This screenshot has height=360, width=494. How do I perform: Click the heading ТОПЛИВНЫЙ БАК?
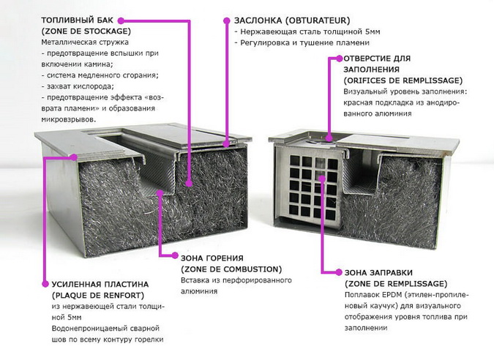point(77,20)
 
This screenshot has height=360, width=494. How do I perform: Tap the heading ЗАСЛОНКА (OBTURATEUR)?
point(292,20)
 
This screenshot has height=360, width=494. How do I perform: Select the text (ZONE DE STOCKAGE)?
point(86,31)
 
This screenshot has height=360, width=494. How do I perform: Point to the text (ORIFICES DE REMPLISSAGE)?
point(403,80)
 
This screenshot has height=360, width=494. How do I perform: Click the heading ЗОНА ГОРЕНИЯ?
point(212,258)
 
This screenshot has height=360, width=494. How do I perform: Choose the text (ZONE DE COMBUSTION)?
point(231,269)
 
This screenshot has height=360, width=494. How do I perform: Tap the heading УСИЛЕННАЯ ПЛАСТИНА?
point(100,285)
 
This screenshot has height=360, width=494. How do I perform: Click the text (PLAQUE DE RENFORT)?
point(97,296)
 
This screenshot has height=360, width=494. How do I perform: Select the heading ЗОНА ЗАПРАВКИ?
point(378,273)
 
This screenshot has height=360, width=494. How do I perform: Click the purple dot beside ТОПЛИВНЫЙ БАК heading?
point(121,20)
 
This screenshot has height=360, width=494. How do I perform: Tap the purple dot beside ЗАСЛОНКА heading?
point(227,20)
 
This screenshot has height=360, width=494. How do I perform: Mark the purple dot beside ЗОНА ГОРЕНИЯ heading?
point(174,256)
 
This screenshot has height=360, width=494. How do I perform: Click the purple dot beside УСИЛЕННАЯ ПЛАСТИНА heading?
point(45,284)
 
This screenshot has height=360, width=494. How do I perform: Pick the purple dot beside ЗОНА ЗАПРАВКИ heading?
point(339,272)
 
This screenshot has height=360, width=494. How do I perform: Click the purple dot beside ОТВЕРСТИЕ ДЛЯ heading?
point(339,59)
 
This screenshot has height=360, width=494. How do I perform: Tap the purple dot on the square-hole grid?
point(322,179)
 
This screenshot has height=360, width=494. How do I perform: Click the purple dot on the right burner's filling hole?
point(329,138)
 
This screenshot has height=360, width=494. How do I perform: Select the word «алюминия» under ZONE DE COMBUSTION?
point(199,292)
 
